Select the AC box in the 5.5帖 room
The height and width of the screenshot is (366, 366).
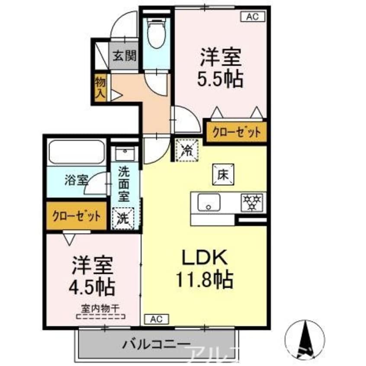coord(252,17)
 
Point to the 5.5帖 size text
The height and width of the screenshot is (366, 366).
coord(220,79)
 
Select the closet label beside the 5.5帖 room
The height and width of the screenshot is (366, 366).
coord(234,132)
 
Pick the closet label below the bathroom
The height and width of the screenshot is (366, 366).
coord(77,215)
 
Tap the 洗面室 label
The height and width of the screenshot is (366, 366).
coord(125,183)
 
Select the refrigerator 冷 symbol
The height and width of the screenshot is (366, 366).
coord(187,150)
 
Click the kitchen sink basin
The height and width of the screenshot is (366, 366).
coord(209,202)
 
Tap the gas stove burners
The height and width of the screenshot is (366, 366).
coord(252,202)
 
